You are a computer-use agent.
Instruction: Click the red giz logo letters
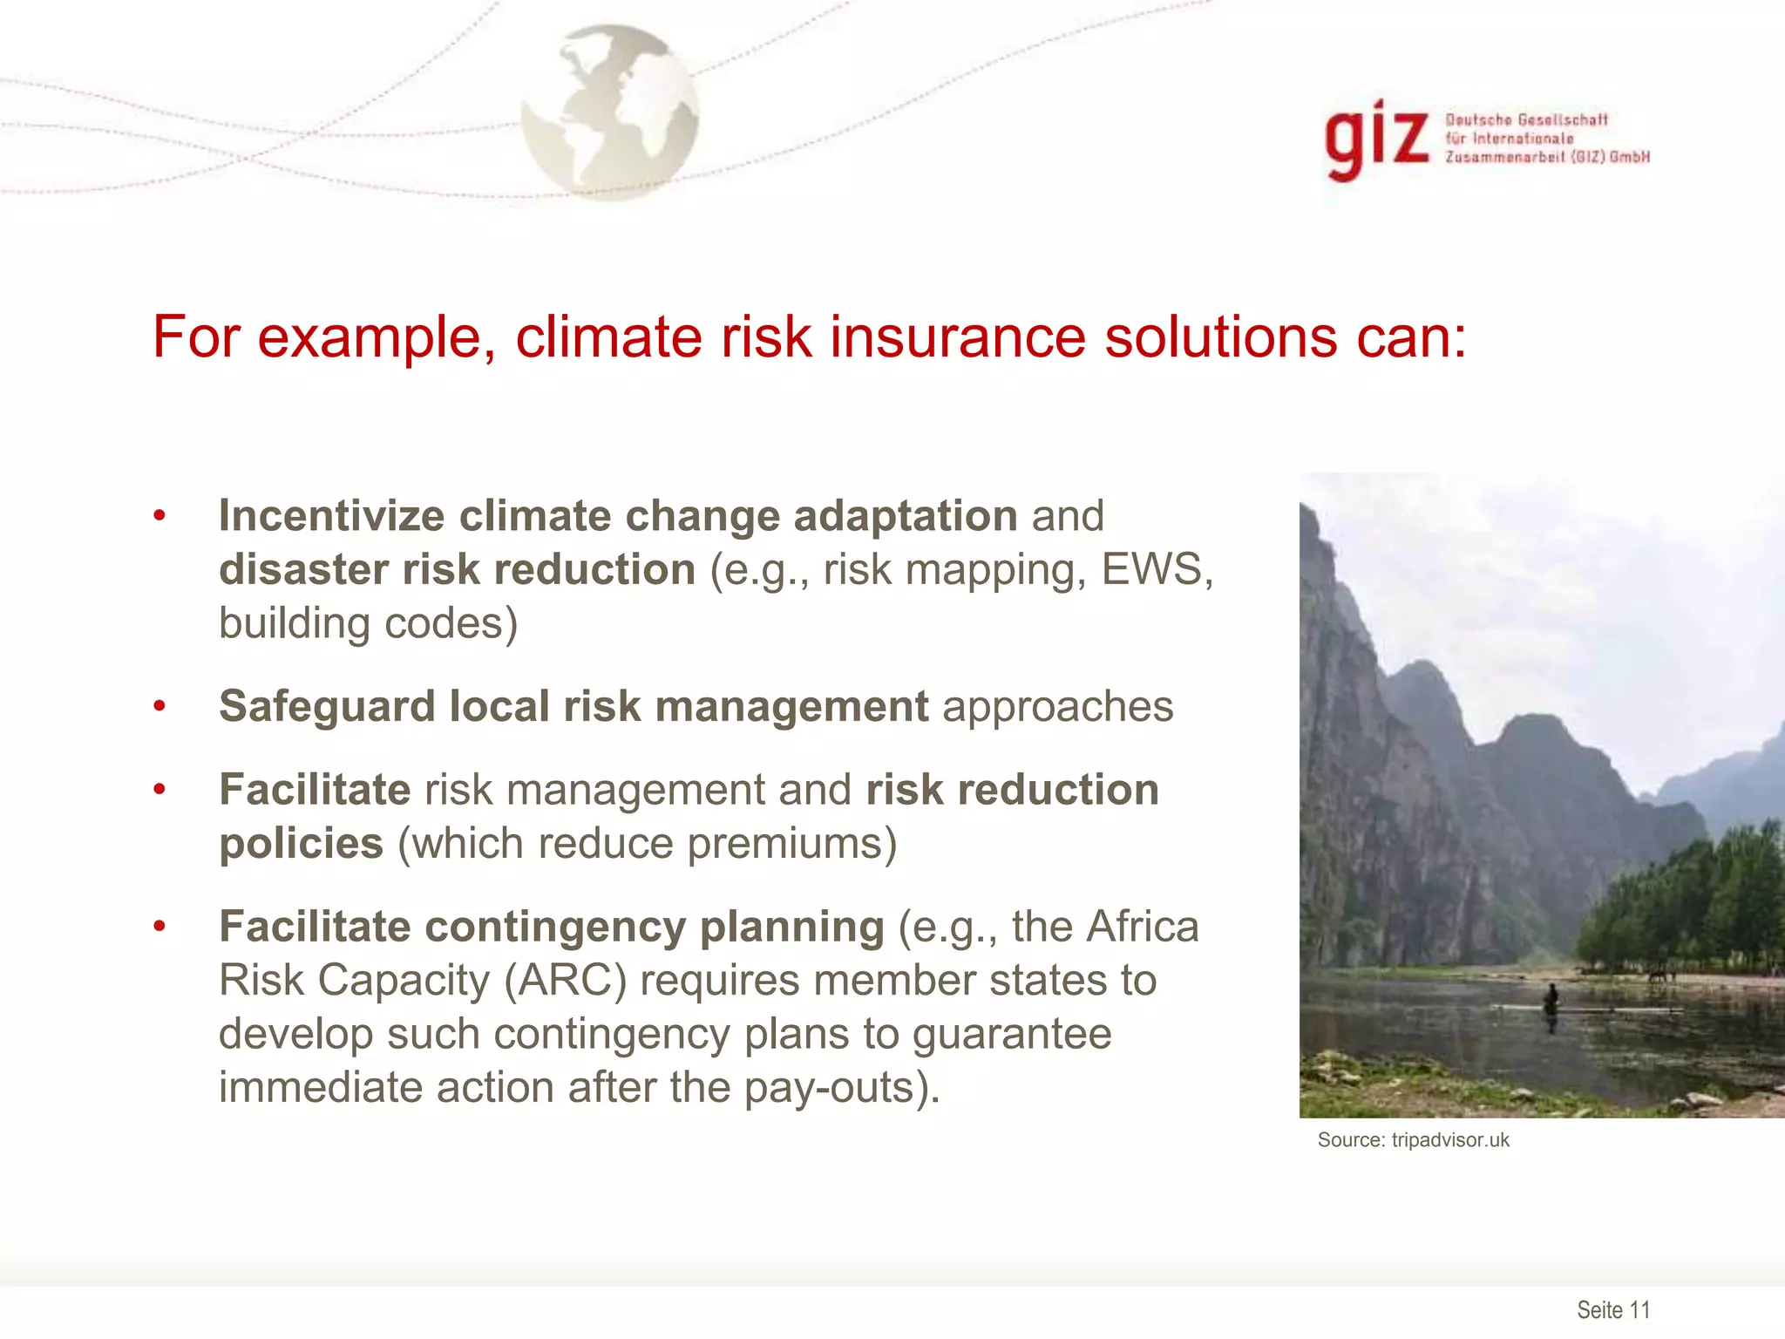[1376, 139]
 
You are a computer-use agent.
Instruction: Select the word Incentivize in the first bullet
[331, 515]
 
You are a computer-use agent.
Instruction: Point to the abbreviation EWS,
[1157, 569]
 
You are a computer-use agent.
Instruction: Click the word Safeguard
[326, 705]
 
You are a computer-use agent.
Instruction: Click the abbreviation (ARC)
[565, 980]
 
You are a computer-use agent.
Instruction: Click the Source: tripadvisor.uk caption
[1413, 1140]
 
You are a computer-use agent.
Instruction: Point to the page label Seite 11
[1613, 1309]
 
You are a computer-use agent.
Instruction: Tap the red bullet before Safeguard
[159, 705]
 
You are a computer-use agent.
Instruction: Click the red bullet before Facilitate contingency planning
[159, 926]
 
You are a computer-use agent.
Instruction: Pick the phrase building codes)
[368, 623]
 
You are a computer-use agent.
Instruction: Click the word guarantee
[1012, 1034]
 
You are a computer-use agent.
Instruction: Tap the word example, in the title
[376, 338]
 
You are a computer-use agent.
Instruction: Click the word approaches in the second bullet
[1057, 707]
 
